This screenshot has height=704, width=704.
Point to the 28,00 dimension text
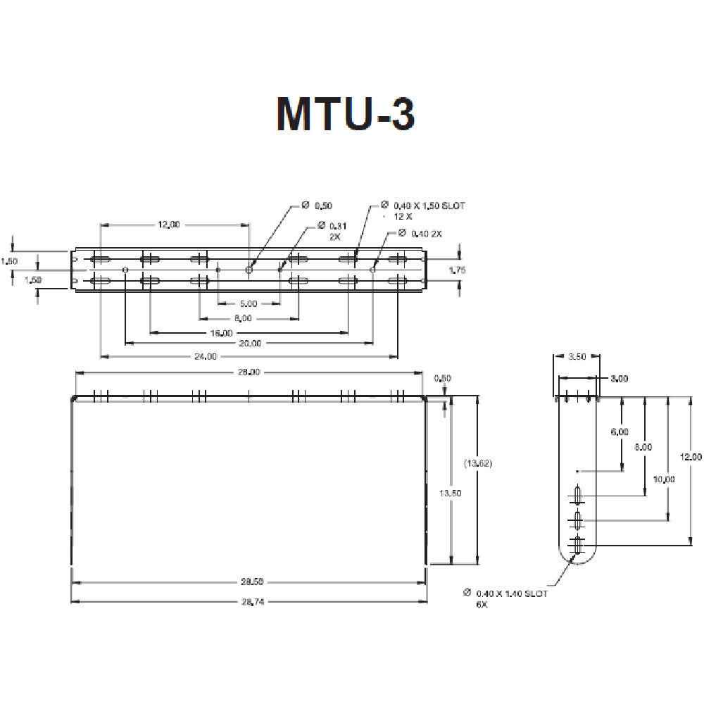click(249, 372)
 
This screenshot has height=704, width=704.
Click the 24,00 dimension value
click(205, 357)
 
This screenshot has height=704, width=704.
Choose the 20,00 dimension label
click(250, 344)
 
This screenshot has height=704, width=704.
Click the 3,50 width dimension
click(577, 357)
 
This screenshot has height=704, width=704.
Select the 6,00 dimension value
click(620, 432)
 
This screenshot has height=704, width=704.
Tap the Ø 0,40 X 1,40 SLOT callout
click(510, 593)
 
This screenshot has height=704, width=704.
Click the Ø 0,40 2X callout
click(420, 233)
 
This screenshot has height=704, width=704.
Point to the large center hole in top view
click(249, 270)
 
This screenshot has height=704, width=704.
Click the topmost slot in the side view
click(577, 496)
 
